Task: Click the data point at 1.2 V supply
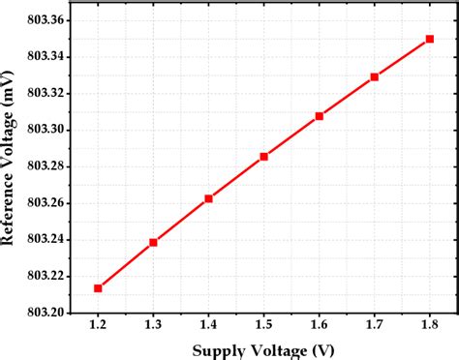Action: [x=98, y=287]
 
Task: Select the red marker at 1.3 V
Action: [x=153, y=242]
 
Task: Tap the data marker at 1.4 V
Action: [x=208, y=198]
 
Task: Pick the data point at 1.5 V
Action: [x=263, y=156]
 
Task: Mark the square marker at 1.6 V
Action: [x=320, y=116]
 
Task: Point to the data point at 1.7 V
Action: [x=375, y=76]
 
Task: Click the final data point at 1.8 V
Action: [x=430, y=39]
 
